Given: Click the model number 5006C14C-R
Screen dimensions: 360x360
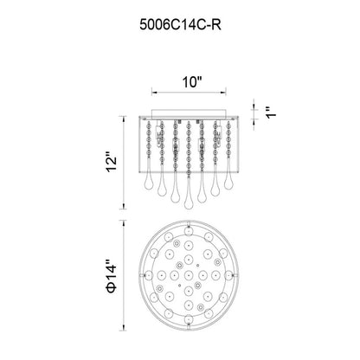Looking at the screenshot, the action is click(x=180, y=25).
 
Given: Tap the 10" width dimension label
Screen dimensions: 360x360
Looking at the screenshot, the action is click(x=191, y=82).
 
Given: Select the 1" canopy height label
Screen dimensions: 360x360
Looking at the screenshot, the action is click(x=271, y=112).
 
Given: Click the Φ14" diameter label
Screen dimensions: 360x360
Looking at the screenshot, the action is click(x=112, y=276).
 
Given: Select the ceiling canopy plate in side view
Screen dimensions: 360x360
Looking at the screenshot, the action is click(x=189, y=112).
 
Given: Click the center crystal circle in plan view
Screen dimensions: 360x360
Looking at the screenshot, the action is click(x=189, y=275).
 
